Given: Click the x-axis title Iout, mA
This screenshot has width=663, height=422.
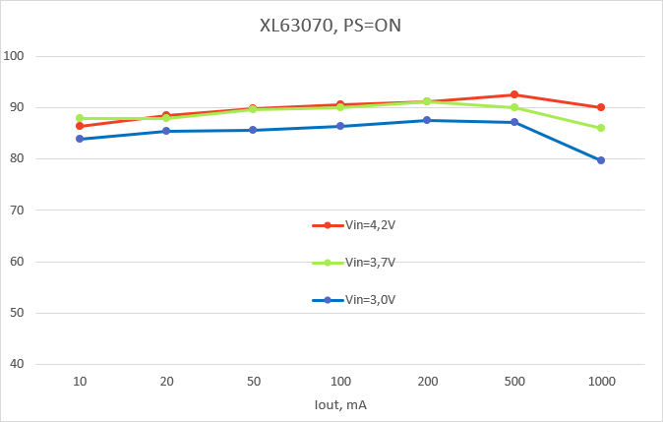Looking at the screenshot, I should point(340,403).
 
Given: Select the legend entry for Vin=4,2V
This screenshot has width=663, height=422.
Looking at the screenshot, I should point(354,225).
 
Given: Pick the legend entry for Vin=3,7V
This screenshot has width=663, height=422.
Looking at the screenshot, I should point(354,263).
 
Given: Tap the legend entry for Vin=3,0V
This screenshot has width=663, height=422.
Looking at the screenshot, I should point(354,300).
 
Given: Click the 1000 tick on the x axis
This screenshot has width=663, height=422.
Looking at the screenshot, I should point(600,380).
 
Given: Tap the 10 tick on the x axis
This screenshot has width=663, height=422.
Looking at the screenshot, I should point(79,380).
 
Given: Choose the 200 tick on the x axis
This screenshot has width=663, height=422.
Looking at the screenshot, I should point(426,380).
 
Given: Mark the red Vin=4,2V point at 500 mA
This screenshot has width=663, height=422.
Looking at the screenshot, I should point(513,94).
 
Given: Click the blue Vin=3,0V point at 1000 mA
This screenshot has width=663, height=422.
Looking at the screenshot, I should point(600,160).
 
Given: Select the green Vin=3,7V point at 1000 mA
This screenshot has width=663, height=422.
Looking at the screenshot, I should point(600,128).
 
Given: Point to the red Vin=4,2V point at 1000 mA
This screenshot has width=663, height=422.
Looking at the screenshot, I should point(600,107).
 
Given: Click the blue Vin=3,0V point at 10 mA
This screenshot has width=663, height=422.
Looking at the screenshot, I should point(79,139).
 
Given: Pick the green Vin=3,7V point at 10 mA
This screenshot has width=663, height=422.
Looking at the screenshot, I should point(79,118).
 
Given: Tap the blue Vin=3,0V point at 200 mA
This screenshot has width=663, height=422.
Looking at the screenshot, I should point(426,120).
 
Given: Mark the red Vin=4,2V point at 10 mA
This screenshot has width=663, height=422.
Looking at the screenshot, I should point(79,126).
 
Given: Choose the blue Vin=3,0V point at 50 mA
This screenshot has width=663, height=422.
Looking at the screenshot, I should point(253,130).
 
